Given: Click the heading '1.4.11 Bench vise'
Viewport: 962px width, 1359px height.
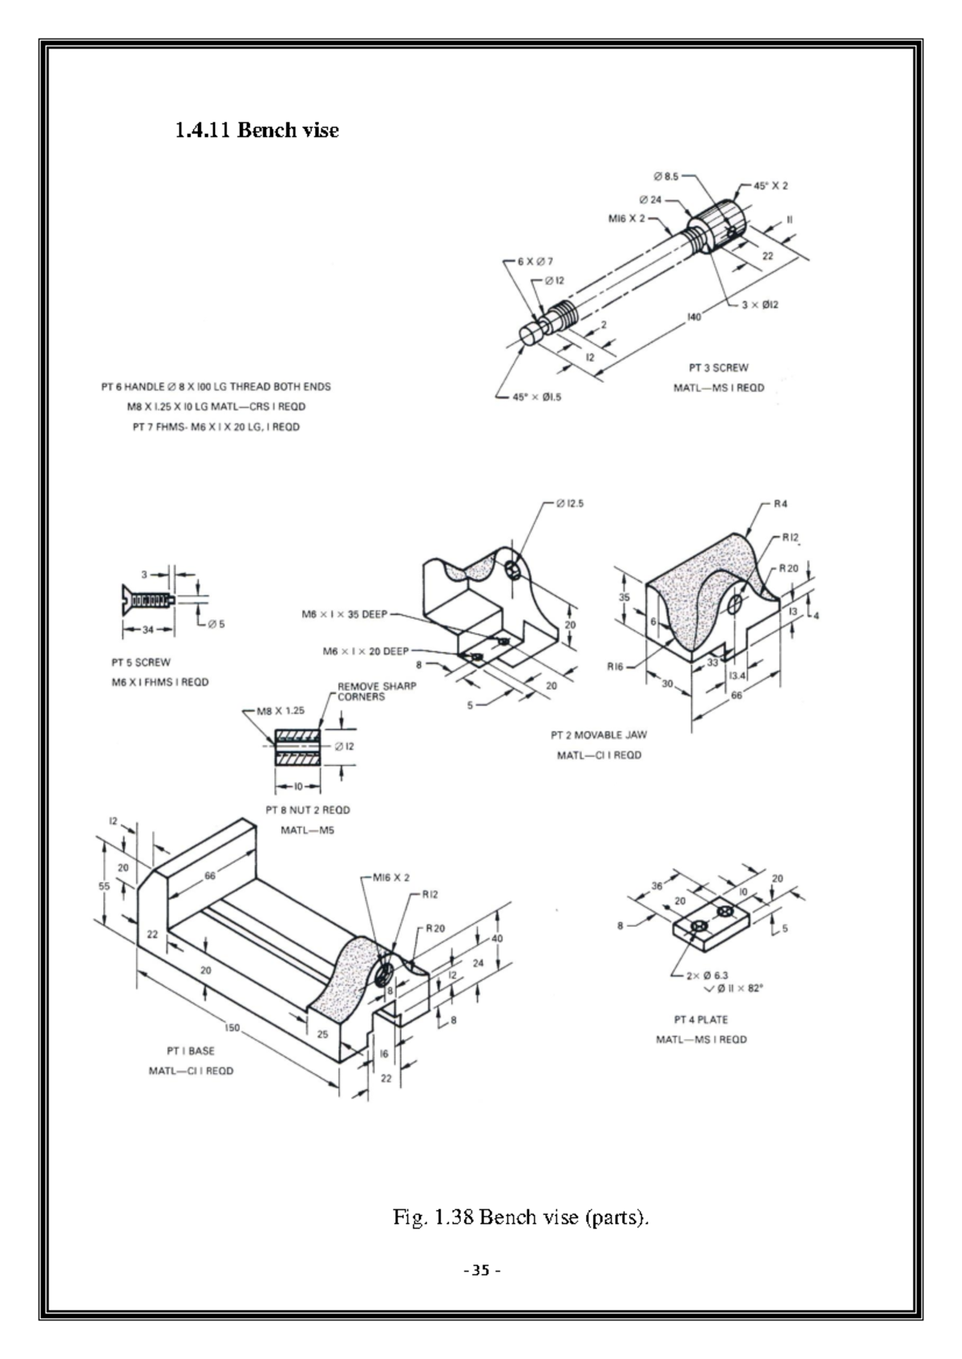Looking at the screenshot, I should tap(257, 130).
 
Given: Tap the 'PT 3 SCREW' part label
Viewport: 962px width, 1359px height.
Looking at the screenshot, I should tap(718, 368).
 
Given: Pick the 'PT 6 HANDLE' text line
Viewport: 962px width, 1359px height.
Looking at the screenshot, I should tap(216, 386).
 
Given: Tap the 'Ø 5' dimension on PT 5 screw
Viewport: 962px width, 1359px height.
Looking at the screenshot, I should tap(216, 624).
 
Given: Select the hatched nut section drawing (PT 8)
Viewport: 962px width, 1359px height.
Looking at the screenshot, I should tap(297, 747).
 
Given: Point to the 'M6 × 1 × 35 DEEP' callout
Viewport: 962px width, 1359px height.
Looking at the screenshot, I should tap(344, 615).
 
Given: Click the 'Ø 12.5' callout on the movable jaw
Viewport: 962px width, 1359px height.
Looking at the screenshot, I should tap(569, 504).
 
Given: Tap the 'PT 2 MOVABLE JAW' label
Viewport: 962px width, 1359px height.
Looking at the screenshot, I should tap(598, 735).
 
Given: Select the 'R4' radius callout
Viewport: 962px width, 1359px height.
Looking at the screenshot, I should tap(780, 504).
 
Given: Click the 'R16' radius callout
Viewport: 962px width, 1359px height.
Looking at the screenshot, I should tap(615, 666).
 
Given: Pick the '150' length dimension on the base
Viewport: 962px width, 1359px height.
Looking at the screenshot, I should tap(232, 1027).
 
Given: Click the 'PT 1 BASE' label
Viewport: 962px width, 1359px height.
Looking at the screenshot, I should tap(191, 1051).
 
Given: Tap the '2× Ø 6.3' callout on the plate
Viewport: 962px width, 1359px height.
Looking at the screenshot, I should tap(707, 975).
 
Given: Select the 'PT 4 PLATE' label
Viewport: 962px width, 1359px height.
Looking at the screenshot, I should tap(701, 1020).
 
